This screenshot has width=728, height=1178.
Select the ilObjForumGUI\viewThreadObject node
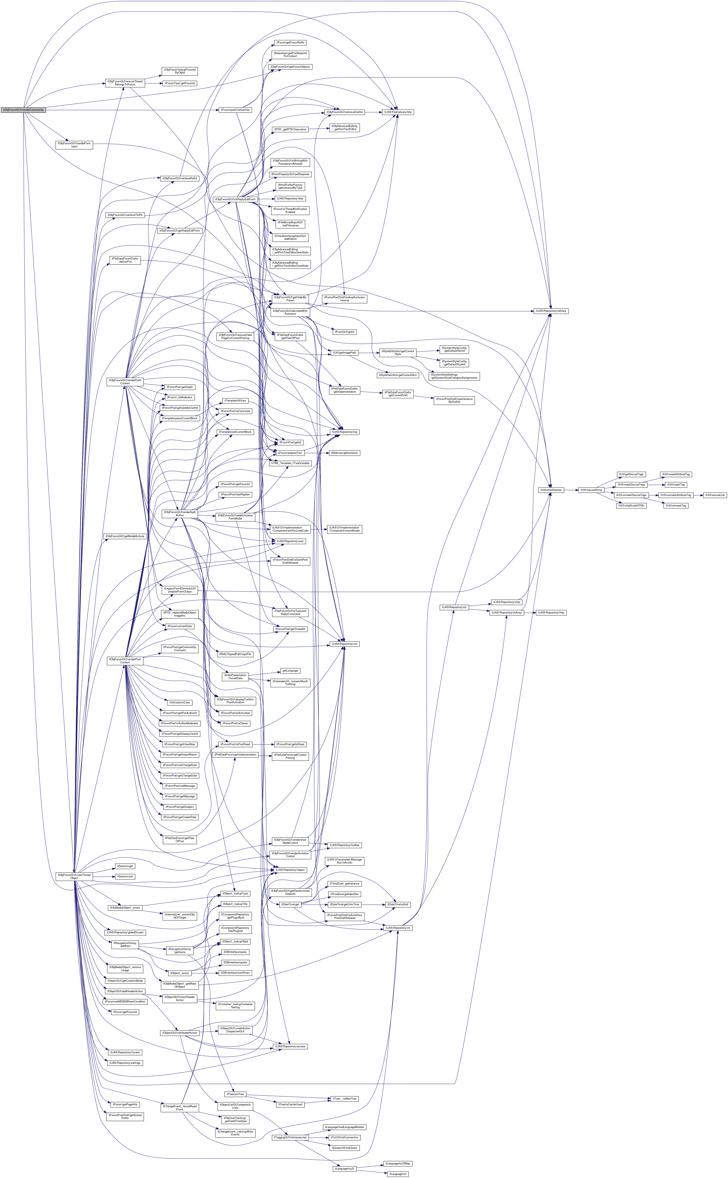74,876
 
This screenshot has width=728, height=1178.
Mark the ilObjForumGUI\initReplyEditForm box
235,199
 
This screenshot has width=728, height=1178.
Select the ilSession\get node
125,866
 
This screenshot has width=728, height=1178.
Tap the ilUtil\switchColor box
179,702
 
